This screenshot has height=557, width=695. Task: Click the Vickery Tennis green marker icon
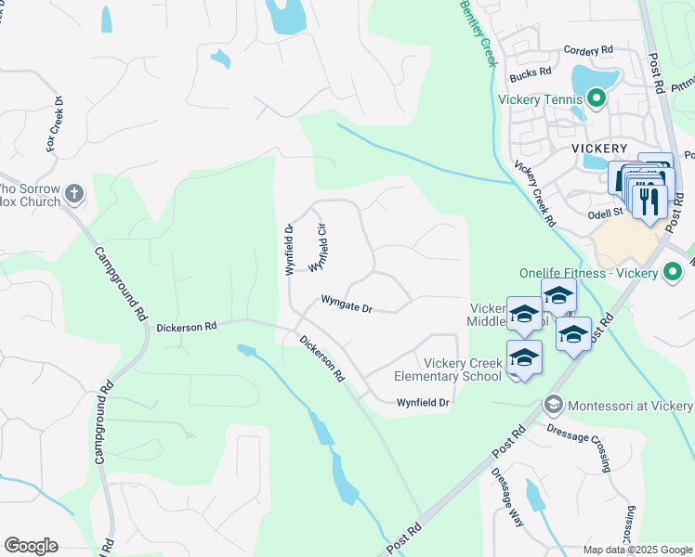(x=596, y=97)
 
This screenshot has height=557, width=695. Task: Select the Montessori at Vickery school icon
(x=554, y=405)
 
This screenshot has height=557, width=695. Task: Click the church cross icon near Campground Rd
(x=74, y=194)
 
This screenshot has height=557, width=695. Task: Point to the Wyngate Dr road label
(x=347, y=304)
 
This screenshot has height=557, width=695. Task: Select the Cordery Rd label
(x=588, y=49)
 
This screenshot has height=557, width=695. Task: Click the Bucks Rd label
(x=531, y=71)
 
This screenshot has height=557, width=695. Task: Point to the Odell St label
(x=606, y=213)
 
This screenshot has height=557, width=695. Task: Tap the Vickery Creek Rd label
(x=535, y=194)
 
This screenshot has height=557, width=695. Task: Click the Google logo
(x=31, y=546)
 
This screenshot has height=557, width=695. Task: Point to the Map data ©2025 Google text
(x=636, y=550)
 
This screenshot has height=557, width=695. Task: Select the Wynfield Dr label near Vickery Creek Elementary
(x=423, y=403)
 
